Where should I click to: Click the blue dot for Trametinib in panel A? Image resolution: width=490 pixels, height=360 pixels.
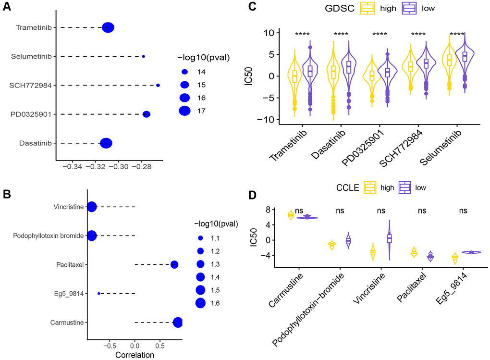(108, 28)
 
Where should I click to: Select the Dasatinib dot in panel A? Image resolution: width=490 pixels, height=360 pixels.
(106, 143)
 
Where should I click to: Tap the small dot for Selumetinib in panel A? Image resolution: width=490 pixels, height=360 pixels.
(143, 57)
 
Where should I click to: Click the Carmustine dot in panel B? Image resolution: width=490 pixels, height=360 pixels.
(178, 323)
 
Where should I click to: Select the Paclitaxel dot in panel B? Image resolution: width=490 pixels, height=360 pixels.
(174, 265)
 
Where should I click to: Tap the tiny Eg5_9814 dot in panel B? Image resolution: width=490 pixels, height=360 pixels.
(98, 293)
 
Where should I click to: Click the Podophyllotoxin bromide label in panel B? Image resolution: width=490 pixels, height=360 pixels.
(48, 236)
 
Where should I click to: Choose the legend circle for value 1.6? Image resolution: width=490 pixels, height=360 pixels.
(201, 303)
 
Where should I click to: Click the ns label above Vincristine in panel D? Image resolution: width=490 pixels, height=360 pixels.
(381, 211)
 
